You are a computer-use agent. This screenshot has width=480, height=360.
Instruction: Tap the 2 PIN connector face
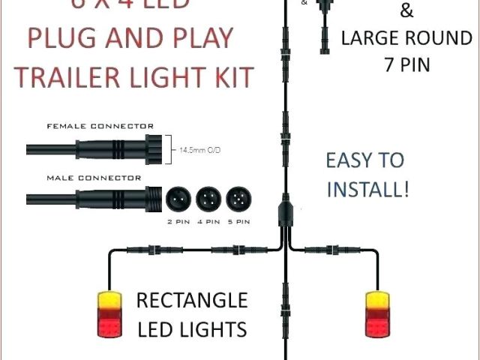(178, 198)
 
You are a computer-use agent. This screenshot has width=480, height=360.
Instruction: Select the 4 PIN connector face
(207, 198)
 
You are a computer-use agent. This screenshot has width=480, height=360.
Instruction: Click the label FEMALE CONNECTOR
(100, 126)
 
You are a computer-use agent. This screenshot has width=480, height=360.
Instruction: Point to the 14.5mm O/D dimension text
(199, 150)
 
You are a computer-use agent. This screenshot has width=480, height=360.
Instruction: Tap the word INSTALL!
(367, 188)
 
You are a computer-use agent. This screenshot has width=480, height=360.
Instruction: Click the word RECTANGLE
(191, 301)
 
